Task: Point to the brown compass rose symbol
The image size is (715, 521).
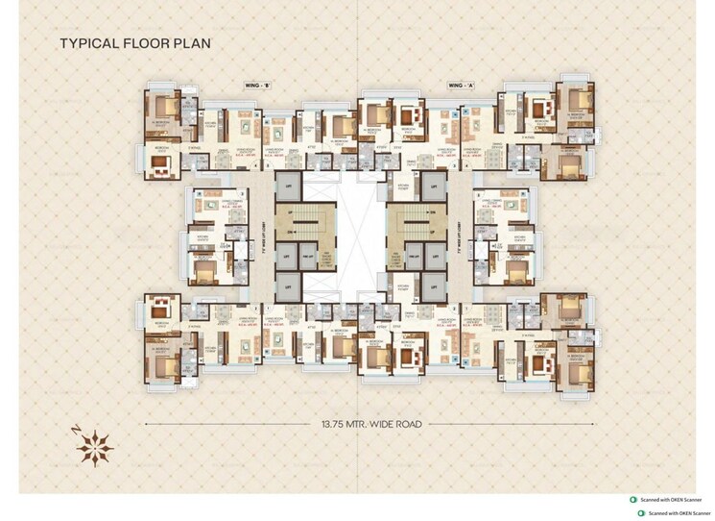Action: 94,445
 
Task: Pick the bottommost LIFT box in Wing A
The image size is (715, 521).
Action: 434,285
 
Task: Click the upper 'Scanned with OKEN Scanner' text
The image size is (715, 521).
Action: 672,501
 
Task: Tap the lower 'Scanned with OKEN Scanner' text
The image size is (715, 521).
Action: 672,513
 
